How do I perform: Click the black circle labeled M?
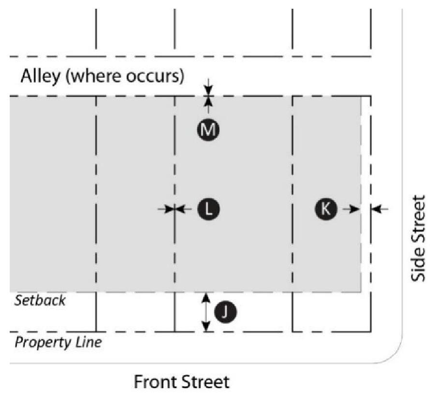[209, 129]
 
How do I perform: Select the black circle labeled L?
[209, 209]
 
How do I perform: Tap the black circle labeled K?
[326, 209]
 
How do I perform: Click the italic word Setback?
[39, 300]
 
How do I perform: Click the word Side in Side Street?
[419, 263]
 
